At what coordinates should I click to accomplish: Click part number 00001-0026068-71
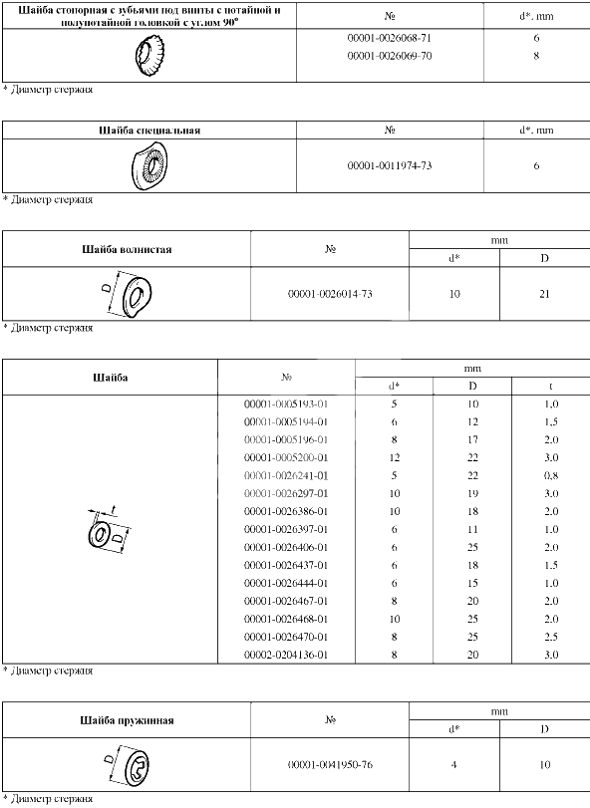(x=390, y=38)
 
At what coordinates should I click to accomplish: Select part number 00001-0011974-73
(x=390, y=166)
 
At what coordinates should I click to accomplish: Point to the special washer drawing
(x=149, y=166)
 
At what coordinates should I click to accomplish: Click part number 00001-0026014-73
(x=330, y=294)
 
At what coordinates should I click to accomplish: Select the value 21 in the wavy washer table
(x=545, y=294)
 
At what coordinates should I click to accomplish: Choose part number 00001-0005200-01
(x=286, y=457)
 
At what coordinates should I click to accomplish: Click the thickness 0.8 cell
(x=551, y=475)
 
